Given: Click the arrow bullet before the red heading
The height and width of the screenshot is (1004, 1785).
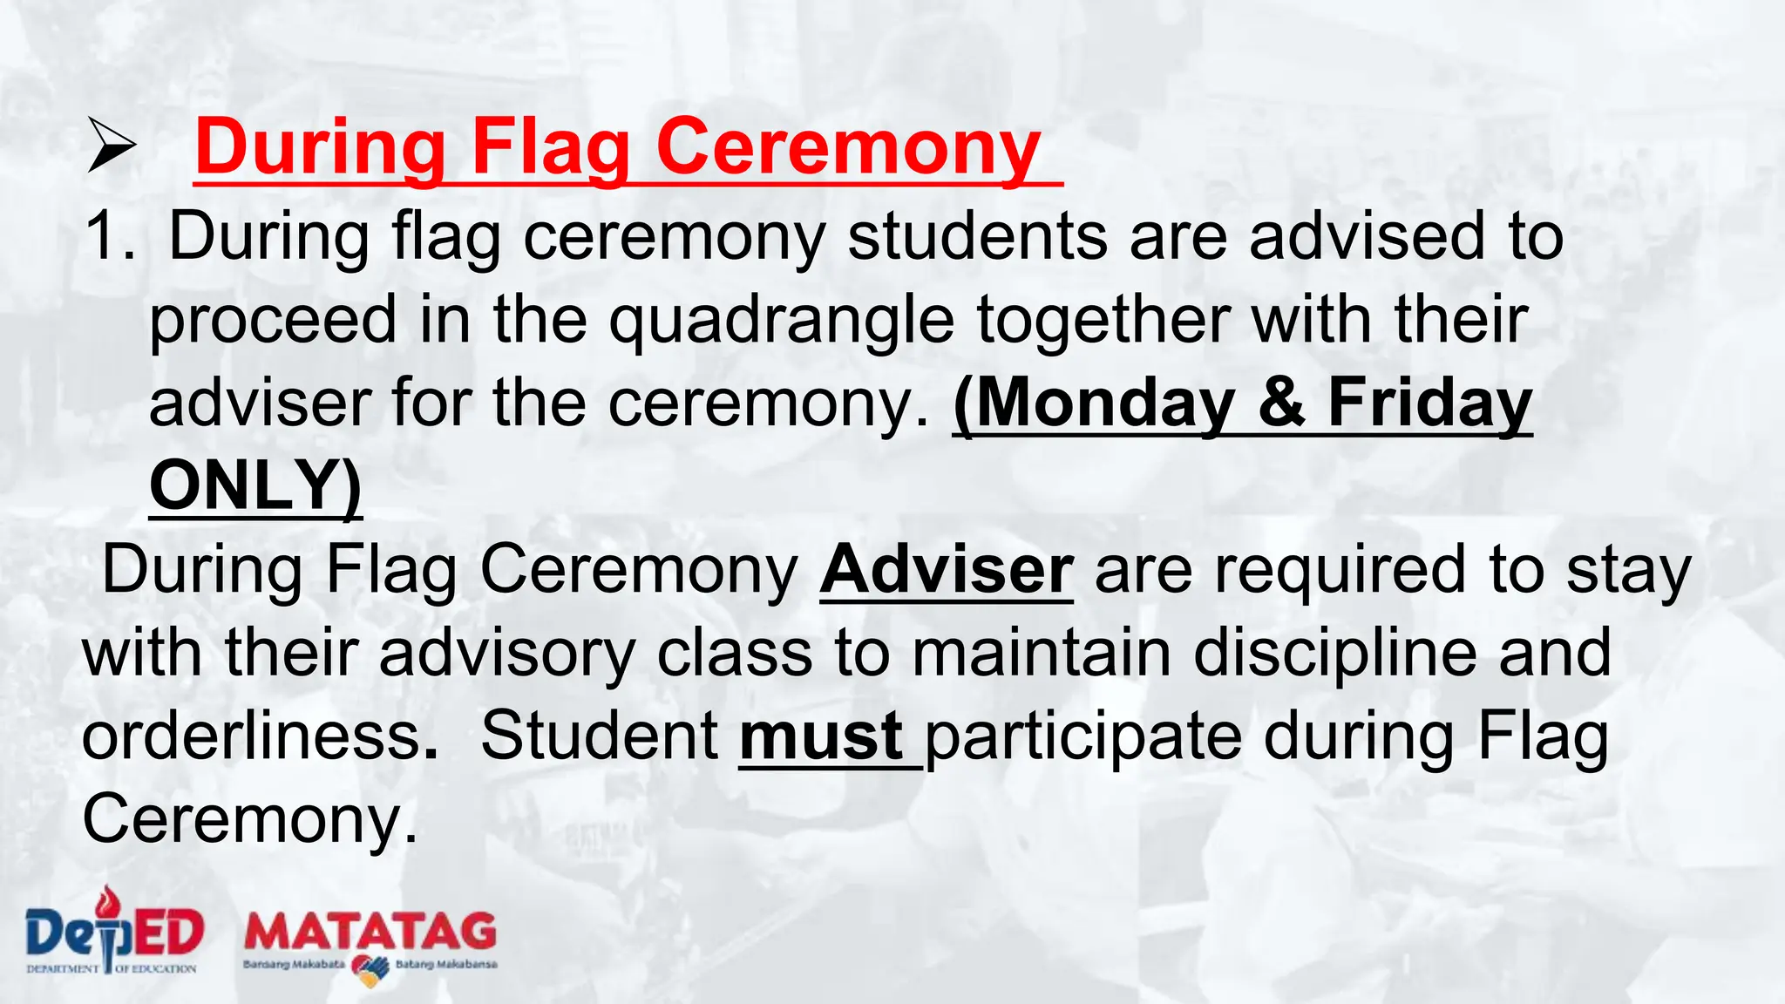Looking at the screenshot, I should [x=112, y=146].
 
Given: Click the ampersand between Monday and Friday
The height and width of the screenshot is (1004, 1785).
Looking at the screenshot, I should [x=1281, y=404].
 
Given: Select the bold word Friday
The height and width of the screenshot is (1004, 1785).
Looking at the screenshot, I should [x=1429, y=404].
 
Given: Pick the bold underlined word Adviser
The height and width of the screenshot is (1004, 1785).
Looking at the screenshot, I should [x=947, y=570].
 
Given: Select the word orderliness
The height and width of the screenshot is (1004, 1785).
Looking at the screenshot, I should [x=253, y=736].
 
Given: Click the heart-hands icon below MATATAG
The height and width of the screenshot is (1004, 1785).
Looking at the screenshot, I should [x=370, y=969].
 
